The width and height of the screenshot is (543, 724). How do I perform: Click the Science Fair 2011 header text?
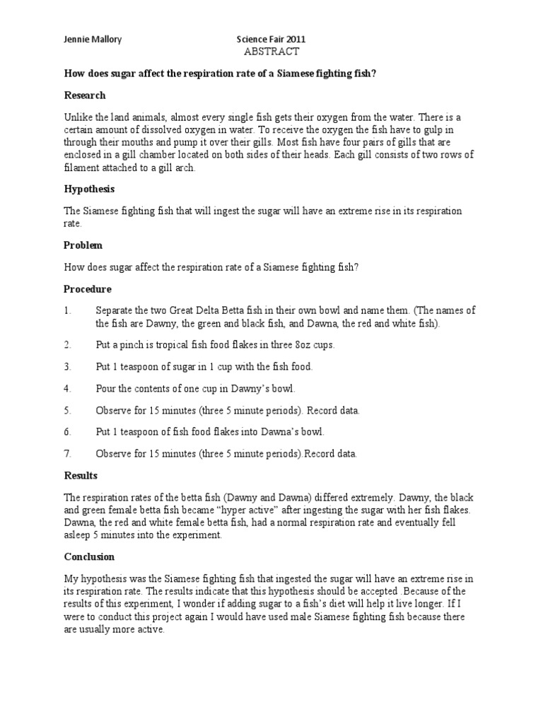click(271, 40)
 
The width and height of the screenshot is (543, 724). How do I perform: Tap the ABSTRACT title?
click(271, 52)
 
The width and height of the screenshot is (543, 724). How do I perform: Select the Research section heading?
click(85, 95)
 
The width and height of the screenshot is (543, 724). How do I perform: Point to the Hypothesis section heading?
click(89, 189)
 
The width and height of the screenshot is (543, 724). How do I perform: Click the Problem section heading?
click(83, 245)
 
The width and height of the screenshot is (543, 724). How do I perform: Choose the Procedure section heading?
click(88, 289)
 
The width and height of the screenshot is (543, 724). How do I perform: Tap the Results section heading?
click(81, 475)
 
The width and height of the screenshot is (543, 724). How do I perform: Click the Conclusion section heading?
click(89, 556)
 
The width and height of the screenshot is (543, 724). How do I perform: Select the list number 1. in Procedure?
click(68, 310)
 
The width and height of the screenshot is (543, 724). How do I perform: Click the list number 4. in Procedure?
click(68, 389)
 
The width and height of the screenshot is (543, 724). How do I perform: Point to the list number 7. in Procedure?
click(68, 454)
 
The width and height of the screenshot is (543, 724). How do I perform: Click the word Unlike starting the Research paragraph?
click(78, 117)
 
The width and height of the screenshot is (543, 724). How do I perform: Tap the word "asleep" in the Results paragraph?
click(79, 535)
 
